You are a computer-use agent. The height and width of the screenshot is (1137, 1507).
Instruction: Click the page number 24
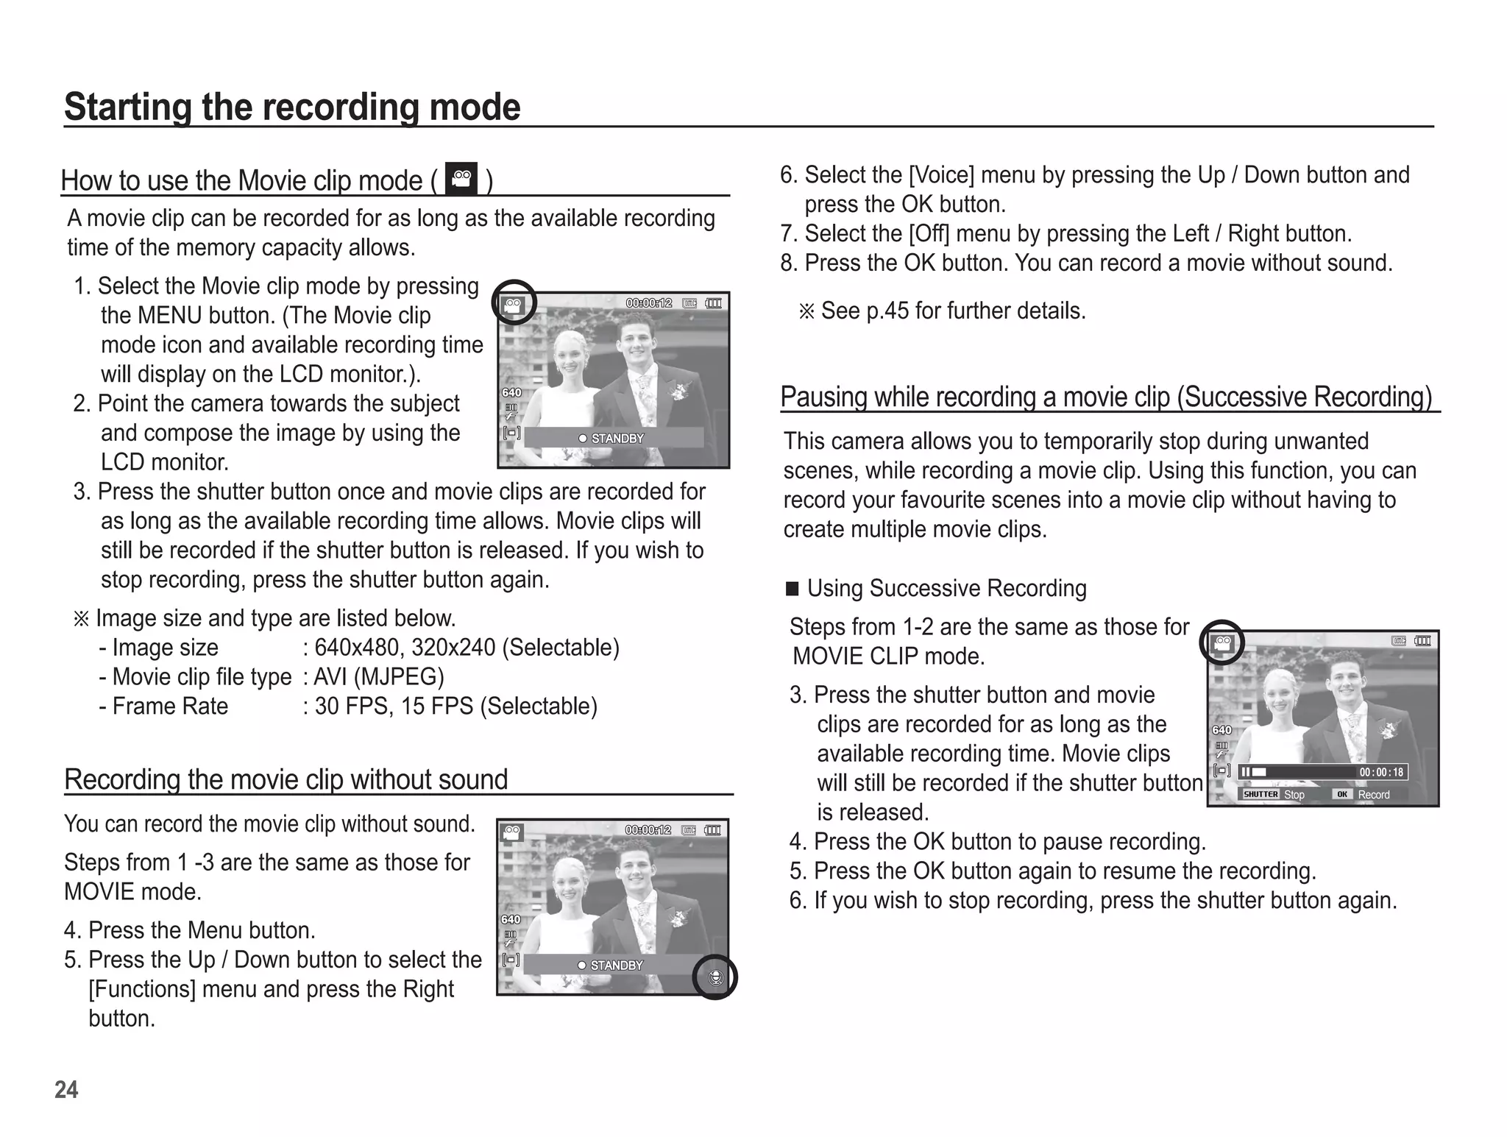(66, 1089)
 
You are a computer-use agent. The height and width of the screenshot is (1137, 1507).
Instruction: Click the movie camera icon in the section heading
(461, 179)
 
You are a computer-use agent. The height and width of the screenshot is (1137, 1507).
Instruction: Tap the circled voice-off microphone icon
(715, 978)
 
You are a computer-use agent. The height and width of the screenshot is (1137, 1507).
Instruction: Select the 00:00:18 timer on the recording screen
(1381, 772)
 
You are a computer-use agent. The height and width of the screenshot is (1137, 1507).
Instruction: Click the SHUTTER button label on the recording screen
(1260, 795)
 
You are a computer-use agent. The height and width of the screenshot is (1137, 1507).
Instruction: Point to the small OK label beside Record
(1342, 795)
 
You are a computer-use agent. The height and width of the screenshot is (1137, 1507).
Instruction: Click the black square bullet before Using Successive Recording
(792, 589)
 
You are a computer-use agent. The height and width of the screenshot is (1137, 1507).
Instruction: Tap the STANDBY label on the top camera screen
(617, 439)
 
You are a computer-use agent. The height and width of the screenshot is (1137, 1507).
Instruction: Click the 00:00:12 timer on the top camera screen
(648, 303)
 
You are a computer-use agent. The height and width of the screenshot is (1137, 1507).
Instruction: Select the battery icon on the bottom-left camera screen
(712, 830)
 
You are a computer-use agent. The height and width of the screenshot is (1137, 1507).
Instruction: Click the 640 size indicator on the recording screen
(1221, 730)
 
